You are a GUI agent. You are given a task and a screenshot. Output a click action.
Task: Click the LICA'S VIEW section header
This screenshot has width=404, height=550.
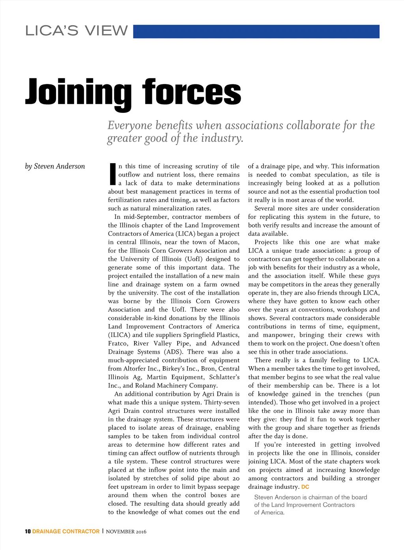[x=77, y=31]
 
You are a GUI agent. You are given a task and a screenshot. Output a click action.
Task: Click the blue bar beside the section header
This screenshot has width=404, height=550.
[x=256, y=32]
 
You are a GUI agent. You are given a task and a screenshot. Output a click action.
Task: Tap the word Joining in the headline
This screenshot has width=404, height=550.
[x=78, y=93]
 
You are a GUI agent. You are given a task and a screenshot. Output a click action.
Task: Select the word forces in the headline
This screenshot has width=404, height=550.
[x=191, y=93]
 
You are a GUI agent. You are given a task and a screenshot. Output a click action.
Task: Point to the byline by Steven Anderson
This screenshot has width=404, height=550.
[x=55, y=166]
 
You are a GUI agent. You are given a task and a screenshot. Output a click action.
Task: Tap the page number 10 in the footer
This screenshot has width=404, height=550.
[x=28, y=531]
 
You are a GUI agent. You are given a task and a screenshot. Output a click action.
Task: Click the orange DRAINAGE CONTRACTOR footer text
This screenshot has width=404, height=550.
[x=66, y=531]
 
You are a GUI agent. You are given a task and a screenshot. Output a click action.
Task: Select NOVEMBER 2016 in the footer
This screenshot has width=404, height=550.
[x=126, y=532]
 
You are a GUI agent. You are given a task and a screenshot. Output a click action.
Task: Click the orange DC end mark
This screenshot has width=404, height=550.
[x=305, y=487]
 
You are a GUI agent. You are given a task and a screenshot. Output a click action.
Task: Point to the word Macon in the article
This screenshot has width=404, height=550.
[x=229, y=242]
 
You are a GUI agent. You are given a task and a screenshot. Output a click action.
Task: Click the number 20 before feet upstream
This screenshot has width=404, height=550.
[x=236, y=479]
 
